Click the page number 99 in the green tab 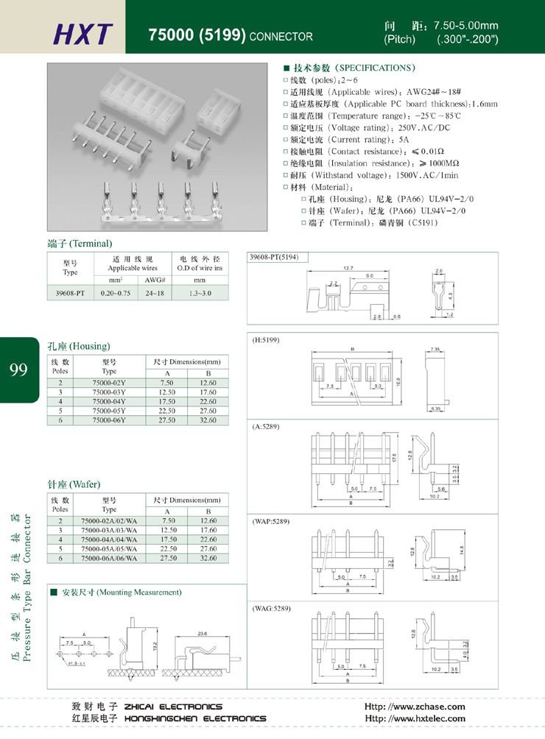18,369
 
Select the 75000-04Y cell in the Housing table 109,401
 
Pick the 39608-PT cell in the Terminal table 70,293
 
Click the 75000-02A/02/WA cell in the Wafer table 109,520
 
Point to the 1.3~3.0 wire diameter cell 200,293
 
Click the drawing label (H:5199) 267,341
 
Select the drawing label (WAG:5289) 272,609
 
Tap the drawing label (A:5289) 266,427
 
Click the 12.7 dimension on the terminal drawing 348,268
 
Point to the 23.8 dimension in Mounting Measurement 202,633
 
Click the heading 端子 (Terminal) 79,243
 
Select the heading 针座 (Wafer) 74,484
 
